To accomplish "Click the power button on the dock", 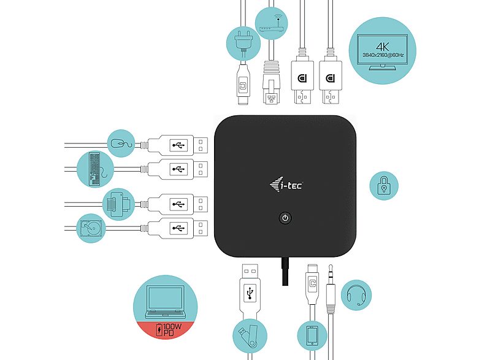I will (285, 218).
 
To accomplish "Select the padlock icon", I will (384, 185).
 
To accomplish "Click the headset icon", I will (356, 294).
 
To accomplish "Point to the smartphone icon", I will (311, 336).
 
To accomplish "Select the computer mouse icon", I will (121, 144).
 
